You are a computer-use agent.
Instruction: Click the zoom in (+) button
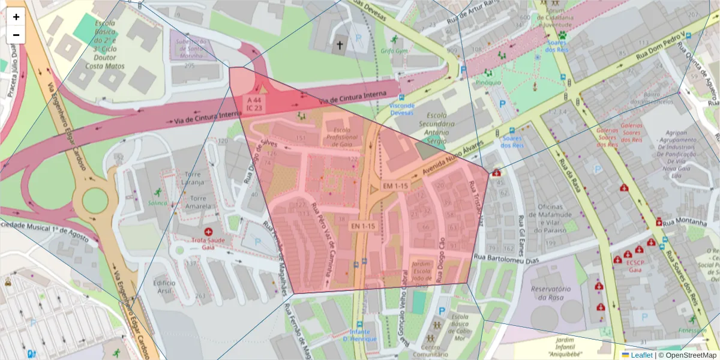[16, 17]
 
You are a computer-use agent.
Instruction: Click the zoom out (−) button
[16, 35]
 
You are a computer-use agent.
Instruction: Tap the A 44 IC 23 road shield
[253, 103]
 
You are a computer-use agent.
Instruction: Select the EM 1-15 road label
[395, 186]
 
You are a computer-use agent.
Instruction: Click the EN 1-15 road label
[363, 226]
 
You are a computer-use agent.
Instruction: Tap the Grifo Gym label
[394, 51]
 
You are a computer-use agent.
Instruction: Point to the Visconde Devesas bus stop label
[401, 109]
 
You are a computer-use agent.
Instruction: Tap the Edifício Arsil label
[164, 286]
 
